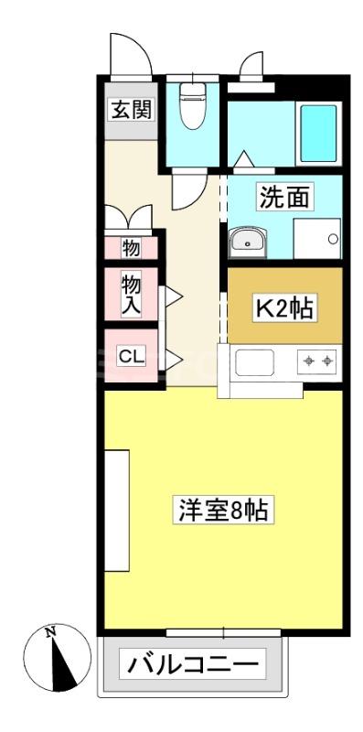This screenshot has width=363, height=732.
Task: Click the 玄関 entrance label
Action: [131, 110]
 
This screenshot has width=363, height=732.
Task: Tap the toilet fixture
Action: [192, 106]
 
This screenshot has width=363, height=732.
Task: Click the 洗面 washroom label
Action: [284, 198]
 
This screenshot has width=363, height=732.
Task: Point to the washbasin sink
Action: [247, 242]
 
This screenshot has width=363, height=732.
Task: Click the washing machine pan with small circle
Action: [316, 238]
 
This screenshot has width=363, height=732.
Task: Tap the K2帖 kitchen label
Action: [285, 307]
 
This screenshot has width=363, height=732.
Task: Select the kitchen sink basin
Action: [254, 362]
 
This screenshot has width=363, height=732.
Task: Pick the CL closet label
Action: [131, 357]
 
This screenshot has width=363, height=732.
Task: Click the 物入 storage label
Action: [131, 295]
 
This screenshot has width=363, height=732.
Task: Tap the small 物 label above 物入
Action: [131, 248]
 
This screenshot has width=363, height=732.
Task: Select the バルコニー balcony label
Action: [192, 663]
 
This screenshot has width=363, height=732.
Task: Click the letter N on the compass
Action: [50, 633]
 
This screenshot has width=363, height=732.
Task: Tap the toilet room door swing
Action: [188, 191]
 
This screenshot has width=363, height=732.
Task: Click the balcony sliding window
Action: [223, 633]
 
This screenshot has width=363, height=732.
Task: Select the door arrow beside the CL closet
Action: [174, 360]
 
